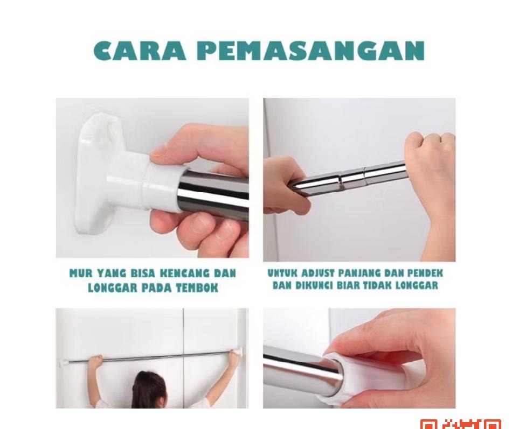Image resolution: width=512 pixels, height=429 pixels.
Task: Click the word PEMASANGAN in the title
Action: (310, 51)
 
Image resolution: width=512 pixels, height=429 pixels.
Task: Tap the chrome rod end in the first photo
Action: (213, 194)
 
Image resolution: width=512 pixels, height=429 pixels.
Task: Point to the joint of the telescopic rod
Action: (341, 180)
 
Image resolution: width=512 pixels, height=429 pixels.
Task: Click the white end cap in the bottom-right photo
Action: (366, 377)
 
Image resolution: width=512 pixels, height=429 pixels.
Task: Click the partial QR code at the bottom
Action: (461, 424)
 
